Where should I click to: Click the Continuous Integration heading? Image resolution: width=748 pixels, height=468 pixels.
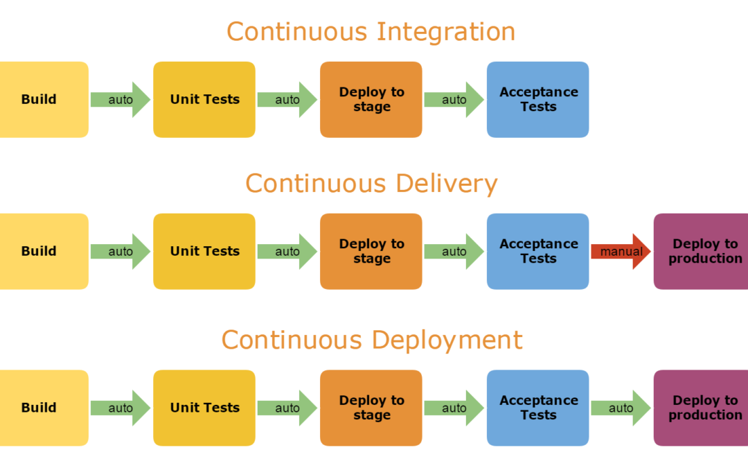[371, 32]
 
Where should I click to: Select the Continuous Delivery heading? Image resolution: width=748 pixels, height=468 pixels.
[371, 184]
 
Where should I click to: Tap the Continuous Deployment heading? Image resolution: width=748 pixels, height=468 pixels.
[372, 340]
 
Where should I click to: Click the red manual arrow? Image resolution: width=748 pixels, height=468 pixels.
[621, 252]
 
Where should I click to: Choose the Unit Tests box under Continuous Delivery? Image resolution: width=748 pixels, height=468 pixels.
[204, 251]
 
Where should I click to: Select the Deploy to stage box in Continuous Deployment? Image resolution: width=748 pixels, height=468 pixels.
[371, 408]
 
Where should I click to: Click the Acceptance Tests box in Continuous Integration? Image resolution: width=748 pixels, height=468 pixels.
[538, 99]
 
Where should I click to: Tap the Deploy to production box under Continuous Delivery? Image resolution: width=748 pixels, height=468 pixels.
[702, 251]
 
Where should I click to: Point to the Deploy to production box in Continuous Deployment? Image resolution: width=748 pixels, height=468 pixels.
[702, 408]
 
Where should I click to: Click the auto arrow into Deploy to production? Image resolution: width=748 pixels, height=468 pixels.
[621, 408]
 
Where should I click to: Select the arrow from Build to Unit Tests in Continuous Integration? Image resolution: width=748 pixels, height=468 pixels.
[120, 100]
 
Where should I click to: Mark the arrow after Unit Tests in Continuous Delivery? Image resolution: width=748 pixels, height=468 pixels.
[287, 252]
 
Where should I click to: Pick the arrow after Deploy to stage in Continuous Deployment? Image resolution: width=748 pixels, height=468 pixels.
[454, 408]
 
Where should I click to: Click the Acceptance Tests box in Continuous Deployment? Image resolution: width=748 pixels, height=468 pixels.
[538, 408]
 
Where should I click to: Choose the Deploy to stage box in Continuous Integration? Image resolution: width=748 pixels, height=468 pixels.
[371, 99]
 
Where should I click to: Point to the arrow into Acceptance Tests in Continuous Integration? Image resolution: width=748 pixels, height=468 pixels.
[454, 100]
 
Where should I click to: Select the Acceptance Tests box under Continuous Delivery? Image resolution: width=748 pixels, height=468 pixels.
[538, 251]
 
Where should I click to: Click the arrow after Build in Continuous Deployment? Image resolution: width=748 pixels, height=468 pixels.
[120, 408]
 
